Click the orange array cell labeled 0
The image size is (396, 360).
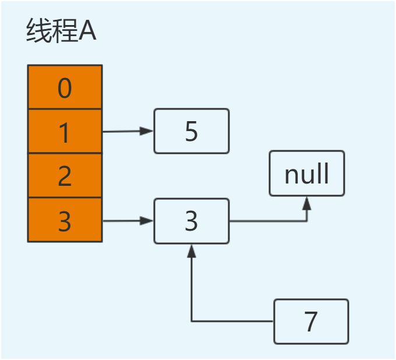pyautogui.click(x=65, y=87)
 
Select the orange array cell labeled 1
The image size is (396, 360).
pyautogui.click(x=65, y=132)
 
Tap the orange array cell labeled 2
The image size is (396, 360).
pyautogui.click(x=65, y=176)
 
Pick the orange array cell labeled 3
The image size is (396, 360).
pyautogui.click(x=65, y=220)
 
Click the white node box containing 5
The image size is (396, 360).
pyautogui.click(x=192, y=131)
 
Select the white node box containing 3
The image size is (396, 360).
pyautogui.click(x=192, y=221)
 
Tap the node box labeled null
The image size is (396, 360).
pyautogui.click(x=307, y=174)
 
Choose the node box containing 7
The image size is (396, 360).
pyautogui.click(x=311, y=321)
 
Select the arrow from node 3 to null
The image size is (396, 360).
pyautogui.click(x=268, y=221)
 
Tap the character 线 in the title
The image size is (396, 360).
pyautogui.click(x=38, y=33)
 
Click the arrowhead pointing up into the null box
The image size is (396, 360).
pyautogui.click(x=307, y=202)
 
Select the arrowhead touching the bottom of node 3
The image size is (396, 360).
pyautogui.click(x=192, y=250)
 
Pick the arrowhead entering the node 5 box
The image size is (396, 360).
pyautogui.click(x=148, y=131)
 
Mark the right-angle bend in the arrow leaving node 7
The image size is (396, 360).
pyautogui.click(x=192, y=321)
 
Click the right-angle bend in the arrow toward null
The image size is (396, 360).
pyautogui.click(x=307, y=221)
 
